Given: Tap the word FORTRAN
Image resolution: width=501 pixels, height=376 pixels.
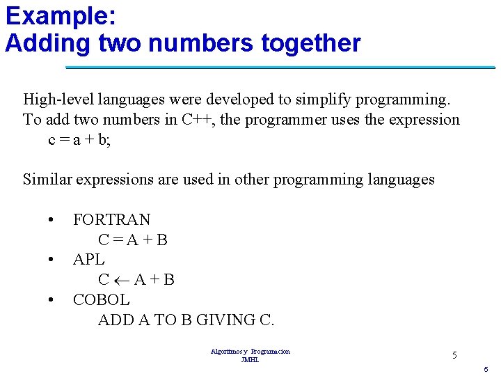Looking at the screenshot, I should pyautogui.click(x=111, y=220).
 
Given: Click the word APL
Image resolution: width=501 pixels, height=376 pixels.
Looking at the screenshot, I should pyautogui.click(x=88, y=260).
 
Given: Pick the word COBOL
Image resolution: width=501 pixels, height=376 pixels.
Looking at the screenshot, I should pyautogui.click(x=101, y=300).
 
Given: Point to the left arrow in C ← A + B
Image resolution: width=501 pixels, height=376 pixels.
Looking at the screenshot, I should pyautogui.click(x=122, y=280).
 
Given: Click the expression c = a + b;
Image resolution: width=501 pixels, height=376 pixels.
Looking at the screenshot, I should pyautogui.click(x=79, y=139).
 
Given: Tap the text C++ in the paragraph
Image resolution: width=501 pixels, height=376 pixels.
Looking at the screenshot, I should pyautogui.click(x=198, y=120).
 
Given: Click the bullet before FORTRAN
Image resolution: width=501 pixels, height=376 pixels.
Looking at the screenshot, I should pyautogui.click(x=51, y=220).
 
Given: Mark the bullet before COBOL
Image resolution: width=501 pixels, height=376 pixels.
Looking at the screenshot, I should pyautogui.click(x=51, y=300).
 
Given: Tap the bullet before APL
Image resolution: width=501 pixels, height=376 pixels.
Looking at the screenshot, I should pyautogui.click(x=51, y=260).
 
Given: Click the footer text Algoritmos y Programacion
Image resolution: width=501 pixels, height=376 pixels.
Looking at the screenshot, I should pyautogui.click(x=250, y=352).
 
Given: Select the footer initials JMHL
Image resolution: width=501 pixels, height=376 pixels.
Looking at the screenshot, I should pyautogui.click(x=250, y=359).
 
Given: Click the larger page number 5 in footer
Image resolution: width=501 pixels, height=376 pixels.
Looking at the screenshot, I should pyautogui.click(x=454, y=356).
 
